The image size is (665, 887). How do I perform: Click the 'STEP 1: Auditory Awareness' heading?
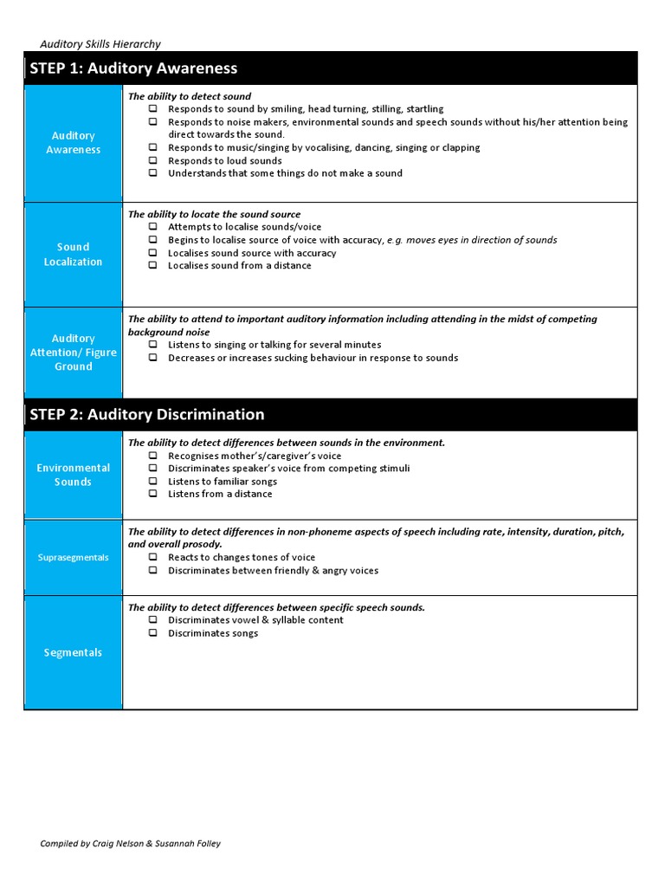[x=133, y=68]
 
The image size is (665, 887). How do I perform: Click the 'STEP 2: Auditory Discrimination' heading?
[x=147, y=414]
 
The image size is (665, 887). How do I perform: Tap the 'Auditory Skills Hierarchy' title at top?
[x=100, y=44]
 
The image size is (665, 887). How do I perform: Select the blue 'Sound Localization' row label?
[x=74, y=255]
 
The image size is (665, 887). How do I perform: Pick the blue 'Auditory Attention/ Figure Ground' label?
[x=74, y=353]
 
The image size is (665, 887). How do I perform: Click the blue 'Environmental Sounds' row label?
[x=74, y=475]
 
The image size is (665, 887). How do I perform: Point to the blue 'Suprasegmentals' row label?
[x=74, y=558]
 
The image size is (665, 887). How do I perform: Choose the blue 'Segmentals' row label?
[x=74, y=653]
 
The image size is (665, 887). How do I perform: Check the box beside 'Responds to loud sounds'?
[x=152, y=160]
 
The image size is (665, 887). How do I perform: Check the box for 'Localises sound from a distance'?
[x=152, y=266]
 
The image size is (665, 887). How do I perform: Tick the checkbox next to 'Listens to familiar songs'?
[x=152, y=481]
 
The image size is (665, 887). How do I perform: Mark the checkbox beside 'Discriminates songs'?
[x=152, y=633]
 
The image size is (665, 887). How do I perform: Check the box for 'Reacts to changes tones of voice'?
[x=152, y=558]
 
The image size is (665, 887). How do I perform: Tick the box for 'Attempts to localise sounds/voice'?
[x=152, y=227]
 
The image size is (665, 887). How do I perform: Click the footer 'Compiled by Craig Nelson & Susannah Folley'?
[x=131, y=844]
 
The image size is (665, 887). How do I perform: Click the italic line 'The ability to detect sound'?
[x=190, y=96]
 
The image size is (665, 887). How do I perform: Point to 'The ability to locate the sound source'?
[x=215, y=214]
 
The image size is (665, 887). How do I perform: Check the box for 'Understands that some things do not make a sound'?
[x=152, y=173]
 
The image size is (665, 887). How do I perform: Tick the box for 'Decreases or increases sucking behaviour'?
[x=152, y=358]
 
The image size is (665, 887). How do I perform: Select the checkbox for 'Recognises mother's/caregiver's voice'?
[x=152, y=456]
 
